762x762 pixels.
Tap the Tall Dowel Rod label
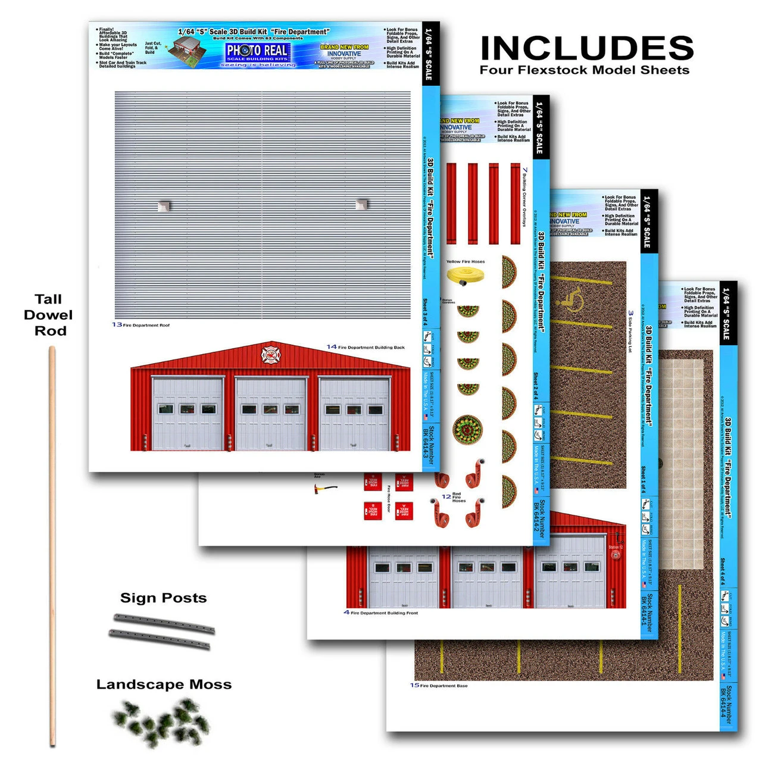(48, 315)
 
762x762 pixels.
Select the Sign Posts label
(163, 598)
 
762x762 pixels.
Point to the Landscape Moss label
(164, 685)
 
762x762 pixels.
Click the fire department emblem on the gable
(271, 355)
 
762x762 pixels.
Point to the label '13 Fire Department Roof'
(141, 325)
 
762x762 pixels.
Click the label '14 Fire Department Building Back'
(366, 347)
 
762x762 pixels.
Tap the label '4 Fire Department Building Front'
(381, 613)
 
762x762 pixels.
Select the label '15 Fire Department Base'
(439, 686)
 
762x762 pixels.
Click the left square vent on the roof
(164, 206)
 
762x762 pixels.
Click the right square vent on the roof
(361, 204)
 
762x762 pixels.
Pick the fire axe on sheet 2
(325, 489)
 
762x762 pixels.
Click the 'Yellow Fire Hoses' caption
(466, 261)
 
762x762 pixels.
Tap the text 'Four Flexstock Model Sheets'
(585, 70)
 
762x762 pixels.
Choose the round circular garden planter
(467, 429)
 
